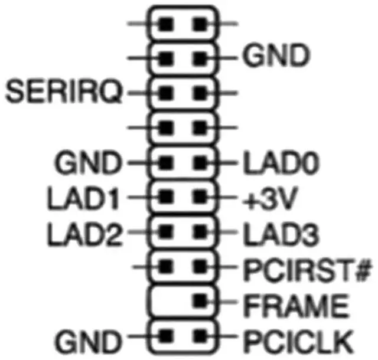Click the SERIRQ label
point(64,92)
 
